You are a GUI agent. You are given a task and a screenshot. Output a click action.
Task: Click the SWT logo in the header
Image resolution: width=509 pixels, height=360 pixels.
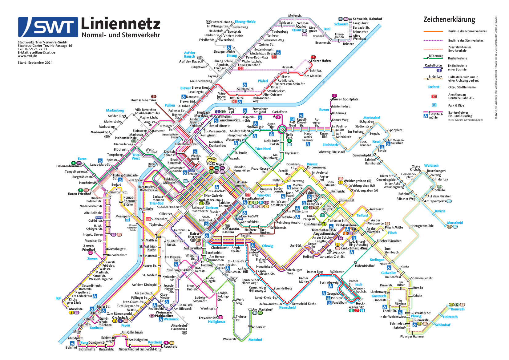[x=48, y=27]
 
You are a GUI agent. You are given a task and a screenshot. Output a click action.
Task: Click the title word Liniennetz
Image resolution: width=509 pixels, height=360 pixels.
[x=120, y=24]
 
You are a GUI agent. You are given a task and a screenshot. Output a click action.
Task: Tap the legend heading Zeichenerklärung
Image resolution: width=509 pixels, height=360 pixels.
[x=449, y=20]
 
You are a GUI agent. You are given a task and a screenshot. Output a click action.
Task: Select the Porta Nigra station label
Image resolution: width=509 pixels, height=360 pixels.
[x=215, y=164]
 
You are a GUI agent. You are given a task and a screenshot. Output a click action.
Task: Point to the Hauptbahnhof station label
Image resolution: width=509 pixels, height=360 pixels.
[x=253, y=198]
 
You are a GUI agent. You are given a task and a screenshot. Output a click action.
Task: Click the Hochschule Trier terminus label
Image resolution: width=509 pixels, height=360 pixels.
[x=143, y=100]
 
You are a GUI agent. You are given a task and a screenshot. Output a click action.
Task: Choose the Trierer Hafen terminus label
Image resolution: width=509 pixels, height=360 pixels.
[x=321, y=61]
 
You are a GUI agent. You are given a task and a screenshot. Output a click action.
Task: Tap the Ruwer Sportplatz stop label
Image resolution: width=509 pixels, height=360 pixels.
[x=345, y=99]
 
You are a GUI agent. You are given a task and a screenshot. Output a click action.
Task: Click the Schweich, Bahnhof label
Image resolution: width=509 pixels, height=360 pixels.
[x=367, y=19]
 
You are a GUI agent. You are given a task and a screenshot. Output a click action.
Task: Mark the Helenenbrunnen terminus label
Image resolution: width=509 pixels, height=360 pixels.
[x=69, y=166]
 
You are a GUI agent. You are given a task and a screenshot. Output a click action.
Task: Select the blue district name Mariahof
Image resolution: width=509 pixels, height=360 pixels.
[x=255, y=340]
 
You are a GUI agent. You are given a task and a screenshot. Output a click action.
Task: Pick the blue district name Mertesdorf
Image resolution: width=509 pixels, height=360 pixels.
[x=372, y=118]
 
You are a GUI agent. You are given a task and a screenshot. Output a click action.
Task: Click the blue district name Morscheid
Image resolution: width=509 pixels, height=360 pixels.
[x=455, y=223]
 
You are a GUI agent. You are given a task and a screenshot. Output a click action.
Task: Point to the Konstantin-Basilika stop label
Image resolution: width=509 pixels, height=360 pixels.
[x=231, y=230]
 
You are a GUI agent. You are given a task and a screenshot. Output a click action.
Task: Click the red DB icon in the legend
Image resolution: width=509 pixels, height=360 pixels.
[x=434, y=96]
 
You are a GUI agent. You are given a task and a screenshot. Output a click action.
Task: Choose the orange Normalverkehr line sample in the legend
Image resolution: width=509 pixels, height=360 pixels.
[x=433, y=31]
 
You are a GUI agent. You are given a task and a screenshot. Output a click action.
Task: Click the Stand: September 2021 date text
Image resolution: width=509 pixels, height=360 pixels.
[x=35, y=63]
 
